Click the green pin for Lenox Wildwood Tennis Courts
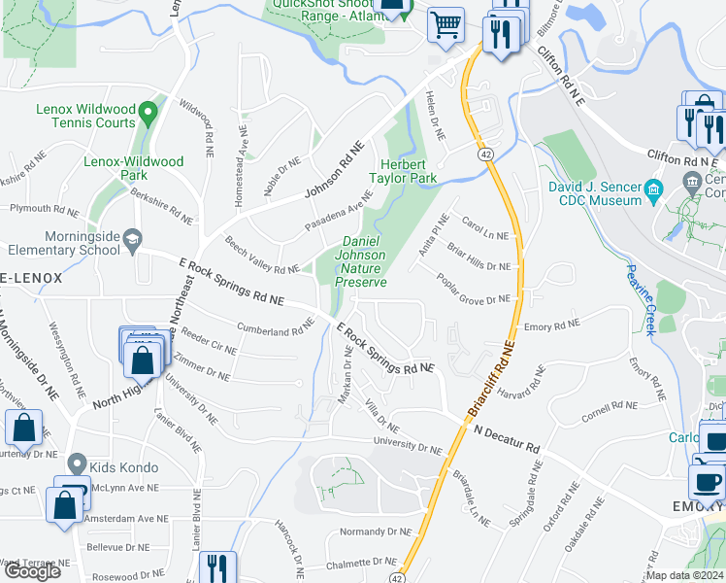(x=148, y=113)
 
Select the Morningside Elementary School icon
(x=131, y=239)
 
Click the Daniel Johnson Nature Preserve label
(x=361, y=261)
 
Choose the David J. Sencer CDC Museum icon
(x=653, y=188)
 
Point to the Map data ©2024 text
(x=685, y=575)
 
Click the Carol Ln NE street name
(x=485, y=228)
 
